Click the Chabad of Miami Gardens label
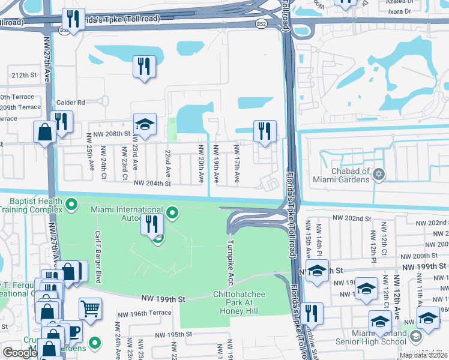tap(340, 174)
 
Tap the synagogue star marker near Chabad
tap(378, 175)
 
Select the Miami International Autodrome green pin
tap(173, 212)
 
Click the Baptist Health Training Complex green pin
tap(72, 205)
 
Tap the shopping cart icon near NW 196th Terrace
tap(90, 309)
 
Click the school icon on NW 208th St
tap(145, 124)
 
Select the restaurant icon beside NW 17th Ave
tap(265, 130)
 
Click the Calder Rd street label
tap(71, 103)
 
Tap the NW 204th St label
tap(152, 184)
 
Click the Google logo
tap(20, 353)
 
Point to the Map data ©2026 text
tap(423, 355)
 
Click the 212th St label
tap(24, 76)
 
